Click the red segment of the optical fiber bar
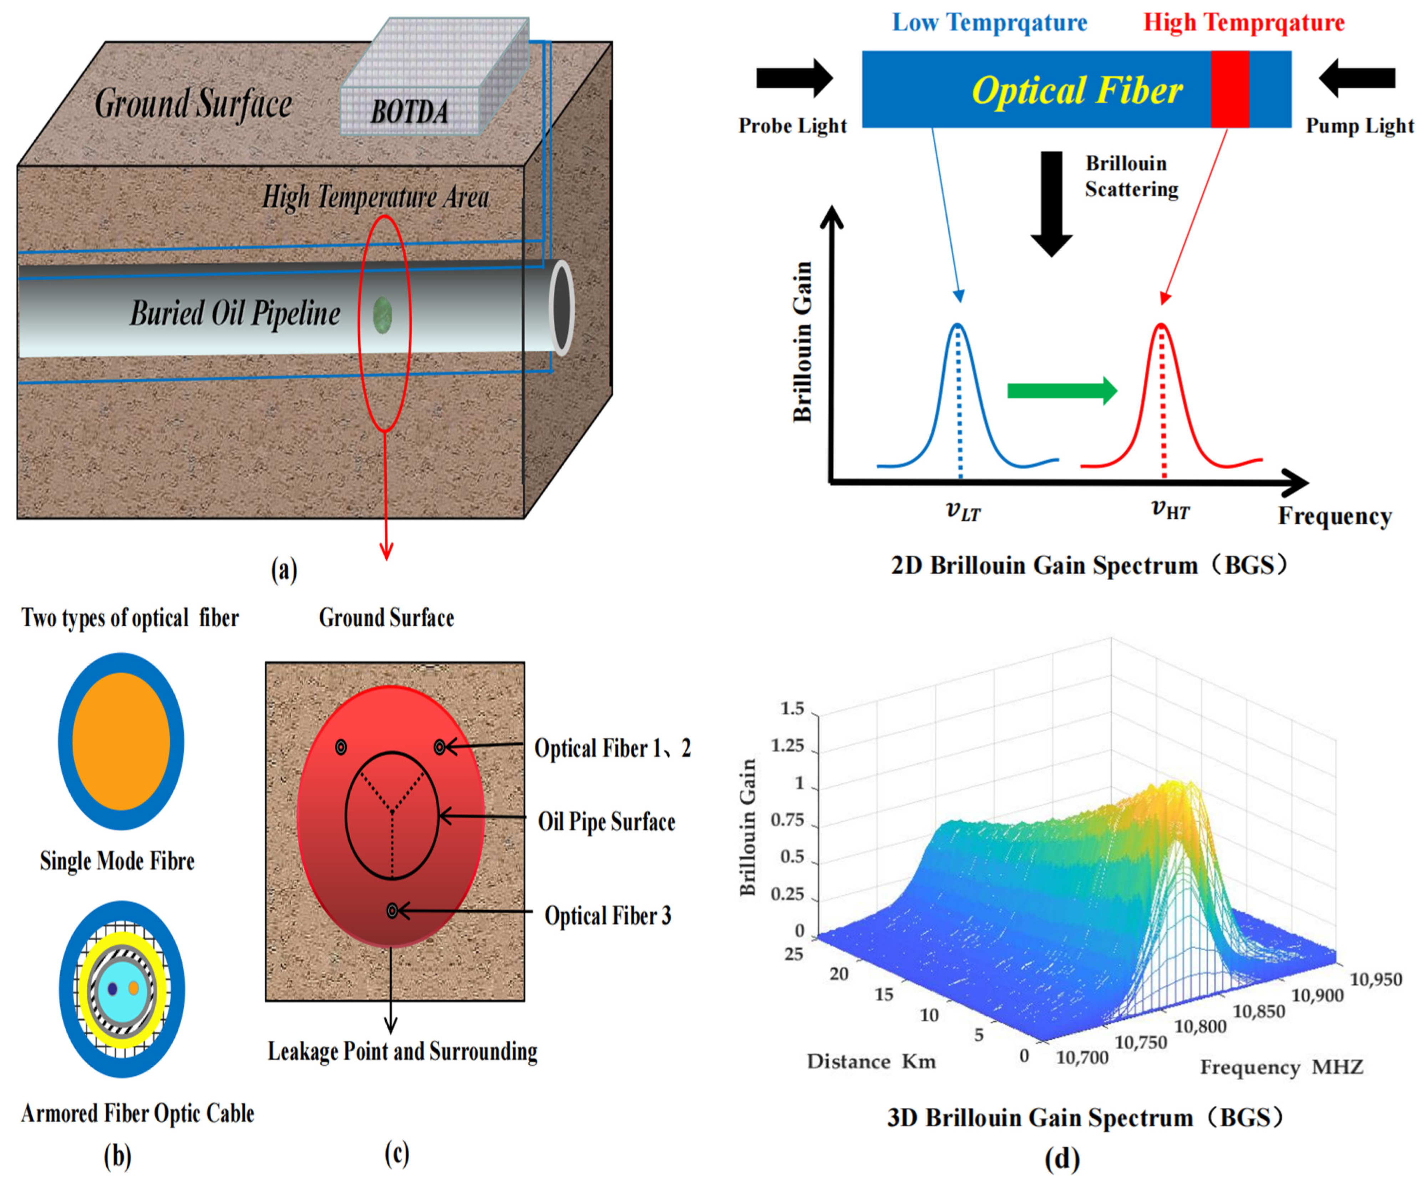(1229, 89)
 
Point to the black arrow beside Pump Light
(1357, 78)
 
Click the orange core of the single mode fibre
(121, 741)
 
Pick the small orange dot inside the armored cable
(134, 988)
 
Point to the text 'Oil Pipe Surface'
(606, 821)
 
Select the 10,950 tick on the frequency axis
(1376, 979)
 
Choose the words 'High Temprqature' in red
(1244, 22)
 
